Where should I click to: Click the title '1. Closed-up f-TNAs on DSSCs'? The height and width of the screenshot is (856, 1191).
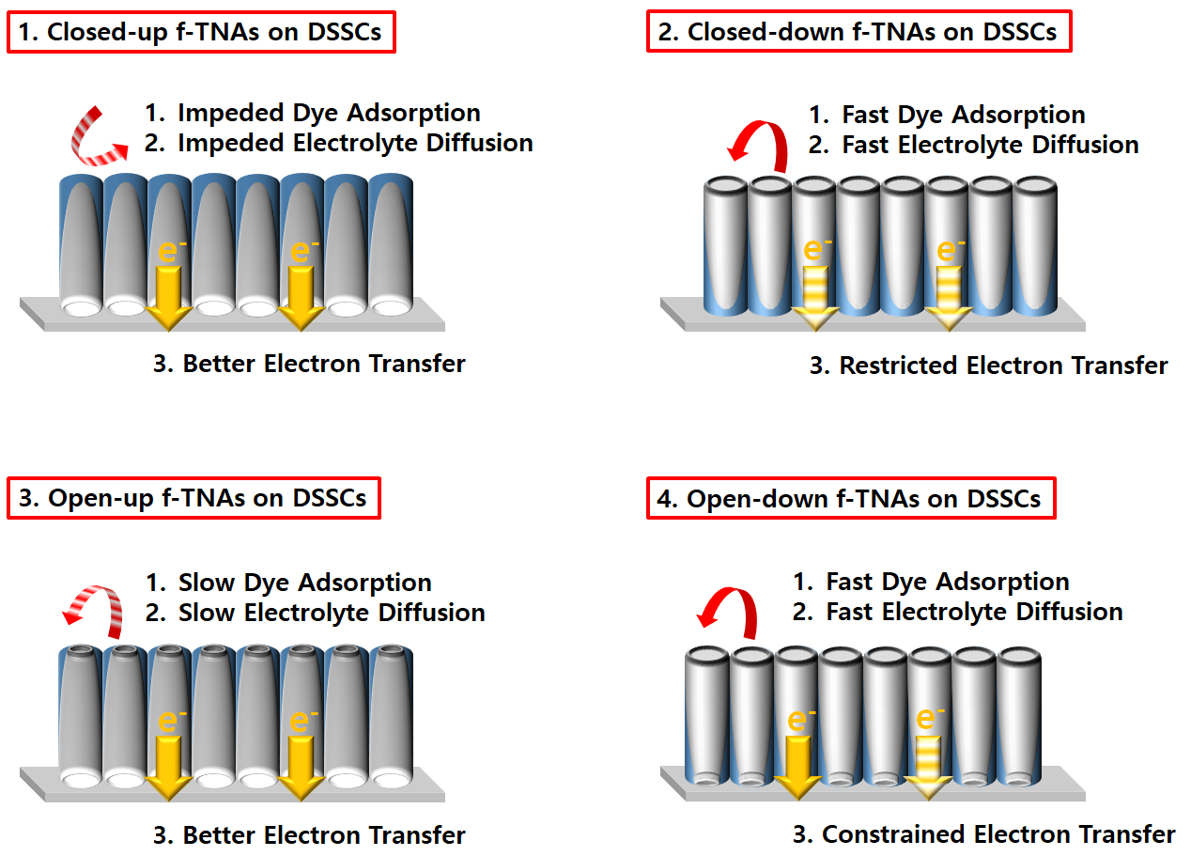tap(201, 32)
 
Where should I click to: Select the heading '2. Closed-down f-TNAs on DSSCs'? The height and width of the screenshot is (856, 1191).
tap(858, 32)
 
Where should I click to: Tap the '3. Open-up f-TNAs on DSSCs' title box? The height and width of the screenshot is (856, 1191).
tap(193, 498)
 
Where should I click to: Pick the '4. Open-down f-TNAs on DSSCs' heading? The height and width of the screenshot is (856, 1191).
tap(851, 498)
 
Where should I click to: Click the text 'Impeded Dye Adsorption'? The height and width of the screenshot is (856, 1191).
tap(329, 114)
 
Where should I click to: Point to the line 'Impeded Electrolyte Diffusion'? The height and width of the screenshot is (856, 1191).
tap(355, 143)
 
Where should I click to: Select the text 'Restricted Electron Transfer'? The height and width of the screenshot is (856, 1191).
tap(1003, 366)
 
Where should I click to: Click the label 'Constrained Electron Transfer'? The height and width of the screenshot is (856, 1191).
tap(998, 834)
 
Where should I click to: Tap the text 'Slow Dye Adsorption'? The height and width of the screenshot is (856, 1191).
tap(304, 583)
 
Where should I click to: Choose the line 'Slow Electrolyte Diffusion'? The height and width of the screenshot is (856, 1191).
tap(331, 613)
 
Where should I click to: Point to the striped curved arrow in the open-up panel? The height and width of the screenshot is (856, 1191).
tap(92, 607)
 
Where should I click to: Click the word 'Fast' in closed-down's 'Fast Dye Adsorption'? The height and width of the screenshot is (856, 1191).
tap(866, 116)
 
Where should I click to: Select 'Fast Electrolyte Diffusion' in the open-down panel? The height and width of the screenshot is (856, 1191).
tap(974, 612)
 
